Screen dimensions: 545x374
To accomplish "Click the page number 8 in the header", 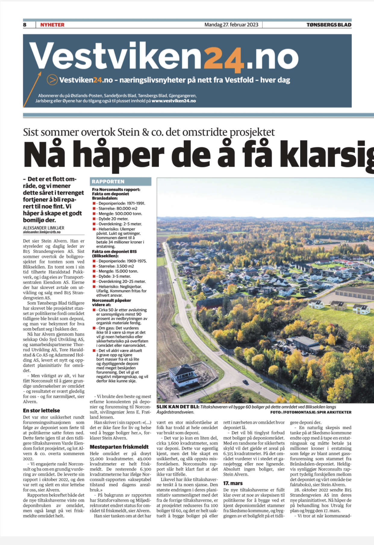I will coord(25,25).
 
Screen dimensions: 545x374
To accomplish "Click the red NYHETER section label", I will coord(52,25).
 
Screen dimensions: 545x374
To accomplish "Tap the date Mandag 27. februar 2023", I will coord(231,25).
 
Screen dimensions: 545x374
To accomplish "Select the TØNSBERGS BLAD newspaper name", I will coord(329,25).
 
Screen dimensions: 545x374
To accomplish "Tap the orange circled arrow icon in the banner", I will coord(52,80).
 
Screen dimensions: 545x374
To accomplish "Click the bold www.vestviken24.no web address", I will coord(174,101).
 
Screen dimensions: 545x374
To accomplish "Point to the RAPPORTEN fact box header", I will coord(108,181).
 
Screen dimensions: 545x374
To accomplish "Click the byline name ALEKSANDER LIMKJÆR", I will coord(44,228).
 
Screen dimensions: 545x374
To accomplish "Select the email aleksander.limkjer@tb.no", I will coord(42,232).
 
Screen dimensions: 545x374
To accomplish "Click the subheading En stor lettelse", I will coord(41,411).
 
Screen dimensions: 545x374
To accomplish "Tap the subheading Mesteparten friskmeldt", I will coord(119,447).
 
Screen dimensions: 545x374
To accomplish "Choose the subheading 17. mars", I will coord(233,483).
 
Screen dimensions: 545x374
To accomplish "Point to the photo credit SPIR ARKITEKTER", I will coord(334,412).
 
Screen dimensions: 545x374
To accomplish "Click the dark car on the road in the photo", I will coord(245,382).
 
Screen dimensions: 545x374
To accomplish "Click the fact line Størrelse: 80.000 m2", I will coord(118,209).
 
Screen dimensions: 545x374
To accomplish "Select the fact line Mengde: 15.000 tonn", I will coord(118,271).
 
